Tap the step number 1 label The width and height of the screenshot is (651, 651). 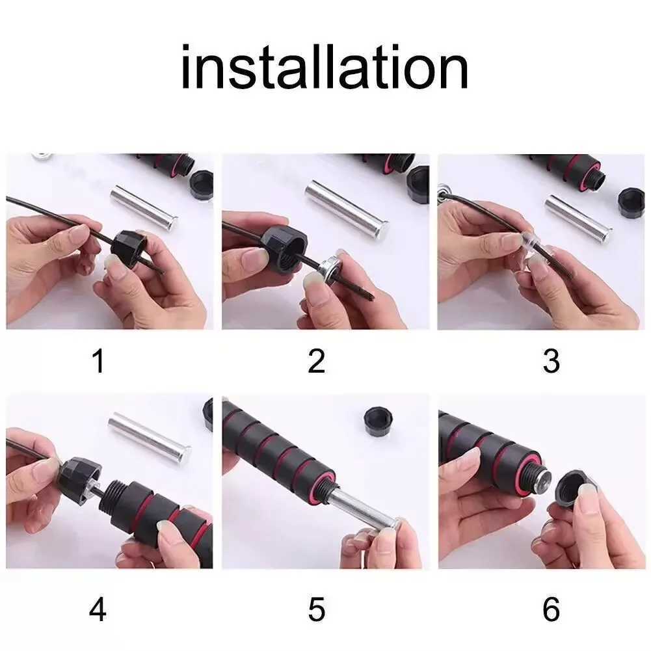click(98, 362)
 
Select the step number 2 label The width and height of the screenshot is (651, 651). click(316, 362)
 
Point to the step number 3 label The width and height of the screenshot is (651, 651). click(551, 362)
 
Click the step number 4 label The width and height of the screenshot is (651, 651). click(98, 611)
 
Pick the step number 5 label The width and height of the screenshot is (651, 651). click(316, 611)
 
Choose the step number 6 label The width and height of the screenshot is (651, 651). click(551, 611)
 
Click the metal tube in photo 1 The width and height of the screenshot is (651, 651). click(144, 207)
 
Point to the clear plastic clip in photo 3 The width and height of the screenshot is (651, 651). click(528, 243)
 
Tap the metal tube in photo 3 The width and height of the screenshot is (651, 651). click(578, 218)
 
